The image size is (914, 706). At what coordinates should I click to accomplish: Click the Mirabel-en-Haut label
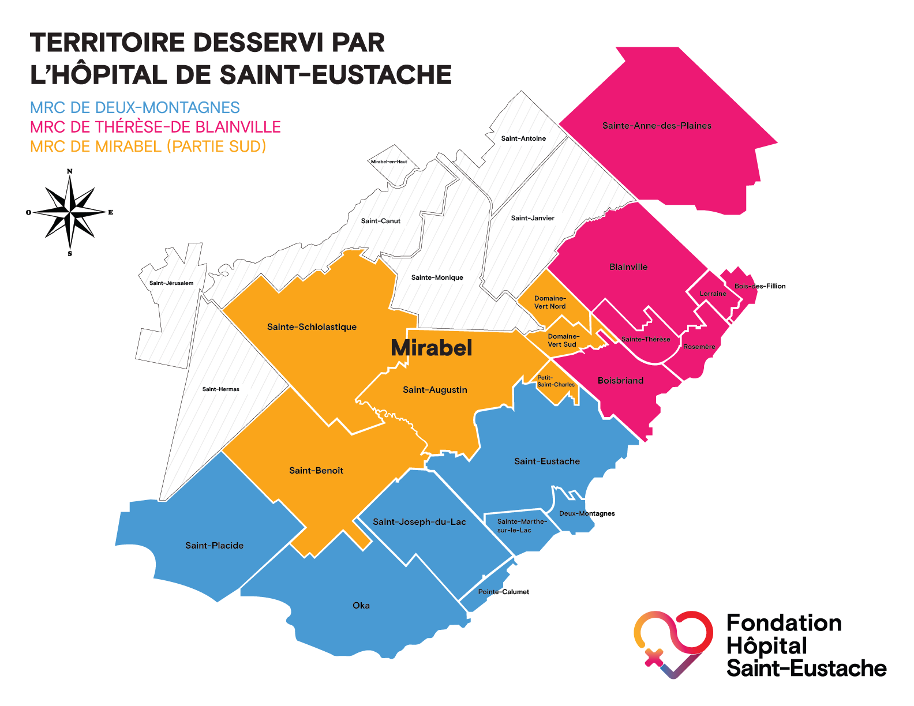389,162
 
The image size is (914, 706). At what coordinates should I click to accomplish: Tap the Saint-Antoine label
523,138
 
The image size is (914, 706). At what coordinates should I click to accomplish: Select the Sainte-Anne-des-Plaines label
657,126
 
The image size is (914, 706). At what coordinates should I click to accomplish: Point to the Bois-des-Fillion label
760,286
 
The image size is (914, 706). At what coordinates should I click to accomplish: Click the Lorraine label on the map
713,294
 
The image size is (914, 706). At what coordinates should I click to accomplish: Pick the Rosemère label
699,347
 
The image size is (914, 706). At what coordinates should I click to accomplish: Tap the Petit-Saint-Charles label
556,381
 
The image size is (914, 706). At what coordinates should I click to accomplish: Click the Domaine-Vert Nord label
550,303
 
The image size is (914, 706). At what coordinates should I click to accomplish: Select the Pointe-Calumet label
504,592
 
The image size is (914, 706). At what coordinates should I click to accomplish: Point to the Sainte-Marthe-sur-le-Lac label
522,526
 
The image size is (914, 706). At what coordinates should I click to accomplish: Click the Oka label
361,606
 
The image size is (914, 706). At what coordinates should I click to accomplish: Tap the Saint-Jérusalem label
171,283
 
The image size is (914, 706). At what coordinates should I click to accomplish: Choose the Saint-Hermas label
221,389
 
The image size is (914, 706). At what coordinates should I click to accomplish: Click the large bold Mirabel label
432,348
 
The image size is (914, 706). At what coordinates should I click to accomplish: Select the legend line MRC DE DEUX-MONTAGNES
135,108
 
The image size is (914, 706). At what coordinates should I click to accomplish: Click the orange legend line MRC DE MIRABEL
148,147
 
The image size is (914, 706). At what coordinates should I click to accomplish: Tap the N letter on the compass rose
70,171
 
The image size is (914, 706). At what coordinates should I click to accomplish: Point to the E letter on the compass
111,212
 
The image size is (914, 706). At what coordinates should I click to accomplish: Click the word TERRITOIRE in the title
107,43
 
